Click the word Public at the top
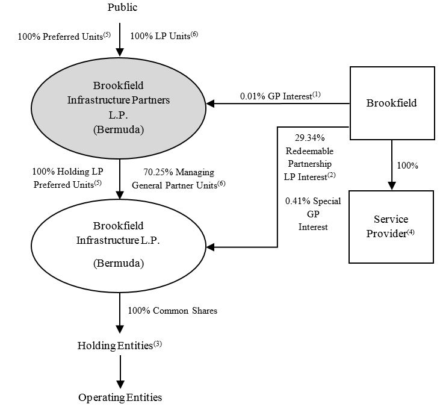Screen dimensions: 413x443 click(x=122, y=8)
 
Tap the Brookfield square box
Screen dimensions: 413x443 click(x=391, y=103)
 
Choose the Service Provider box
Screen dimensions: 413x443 click(x=391, y=226)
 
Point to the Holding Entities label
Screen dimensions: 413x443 click(x=120, y=346)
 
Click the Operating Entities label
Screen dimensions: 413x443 click(x=120, y=397)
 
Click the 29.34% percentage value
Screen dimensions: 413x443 click(x=308, y=138)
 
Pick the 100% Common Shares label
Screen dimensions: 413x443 click(x=172, y=311)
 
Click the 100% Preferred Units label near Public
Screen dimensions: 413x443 click(x=64, y=36)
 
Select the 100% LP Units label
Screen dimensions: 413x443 click(x=164, y=36)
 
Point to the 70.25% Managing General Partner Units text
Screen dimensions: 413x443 click(x=179, y=179)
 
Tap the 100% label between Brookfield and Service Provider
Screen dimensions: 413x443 click(x=407, y=165)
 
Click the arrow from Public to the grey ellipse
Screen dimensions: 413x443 click(x=120, y=39)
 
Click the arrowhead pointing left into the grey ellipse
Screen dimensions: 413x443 click(x=210, y=104)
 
